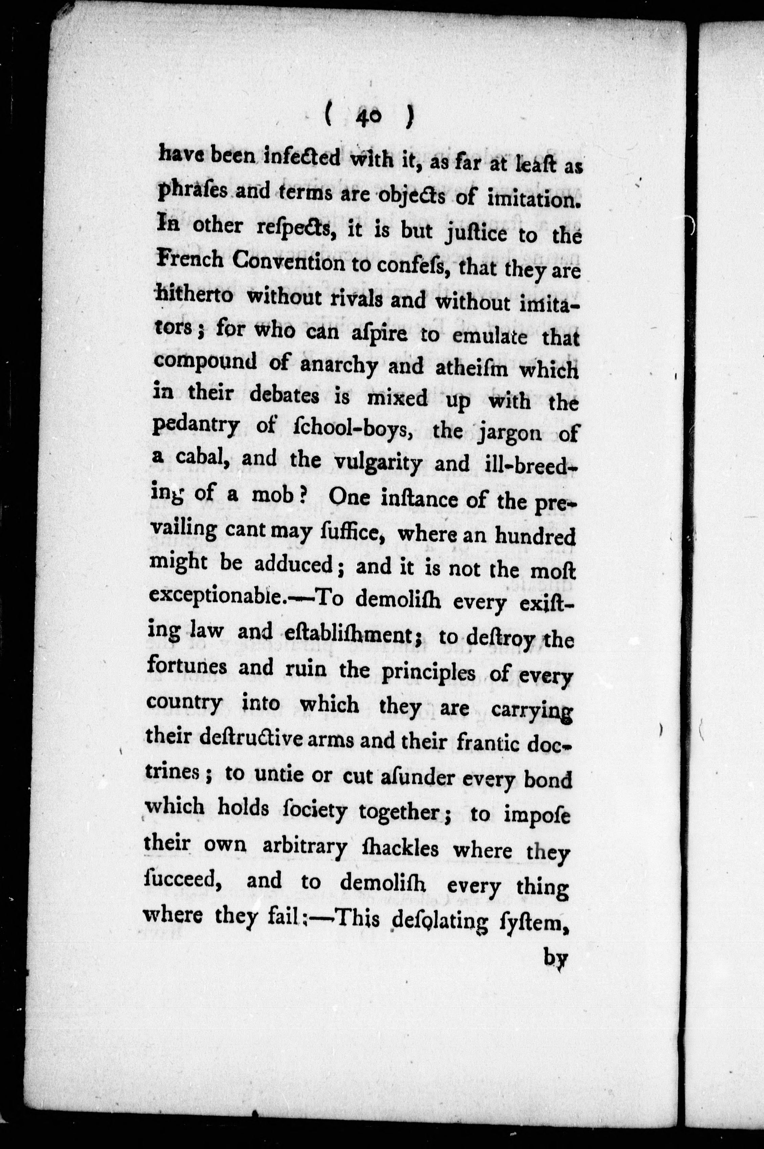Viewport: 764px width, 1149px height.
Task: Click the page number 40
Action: [370, 118]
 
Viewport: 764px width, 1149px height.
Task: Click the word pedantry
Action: [195, 427]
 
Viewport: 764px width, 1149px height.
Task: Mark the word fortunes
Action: [187, 665]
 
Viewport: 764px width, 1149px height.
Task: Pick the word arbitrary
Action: [304, 847]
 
